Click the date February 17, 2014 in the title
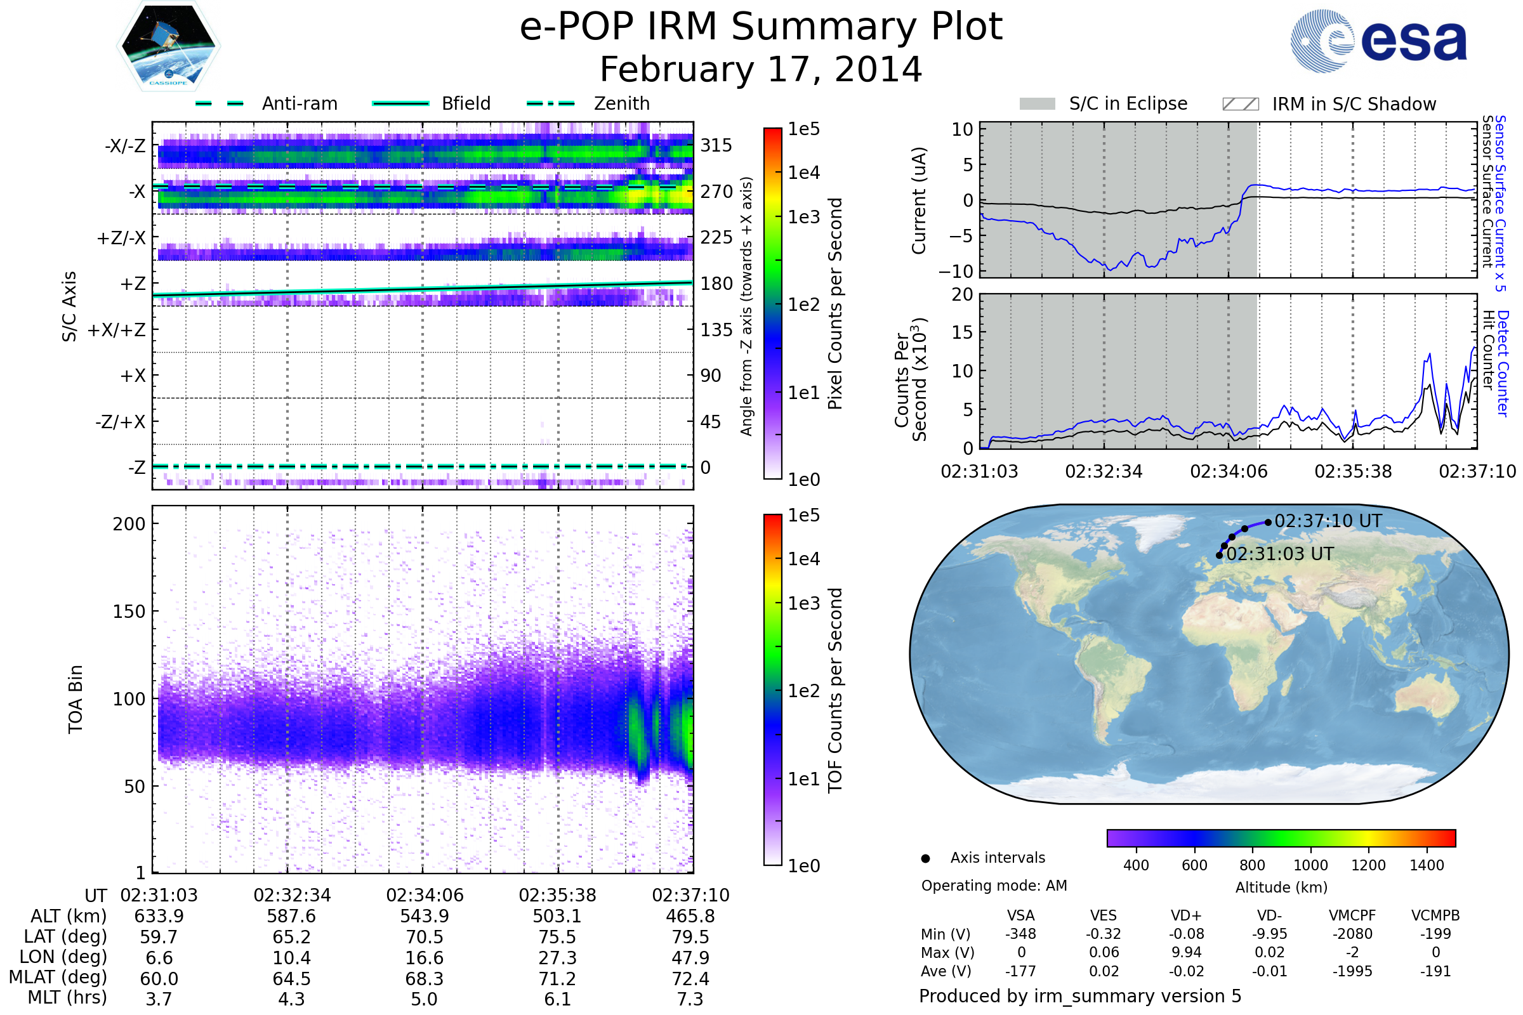coord(761,69)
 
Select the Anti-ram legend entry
coord(299,103)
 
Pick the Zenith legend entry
coord(621,103)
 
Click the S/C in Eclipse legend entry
coord(1128,103)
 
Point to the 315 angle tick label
coord(716,145)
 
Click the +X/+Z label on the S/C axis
coord(117,330)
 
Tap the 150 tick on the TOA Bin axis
coord(129,611)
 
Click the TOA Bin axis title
coord(76,698)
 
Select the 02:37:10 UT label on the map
coord(1328,521)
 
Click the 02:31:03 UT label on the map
coord(1279,554)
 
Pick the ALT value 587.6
coord(291,916)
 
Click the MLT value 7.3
coord(690,999)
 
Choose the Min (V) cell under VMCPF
coord(1352,933)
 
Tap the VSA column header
coord(1020,915)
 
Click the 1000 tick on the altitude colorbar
coord(1310,865)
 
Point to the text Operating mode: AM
coord(993,886)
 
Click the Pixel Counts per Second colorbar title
coord(835,303)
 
